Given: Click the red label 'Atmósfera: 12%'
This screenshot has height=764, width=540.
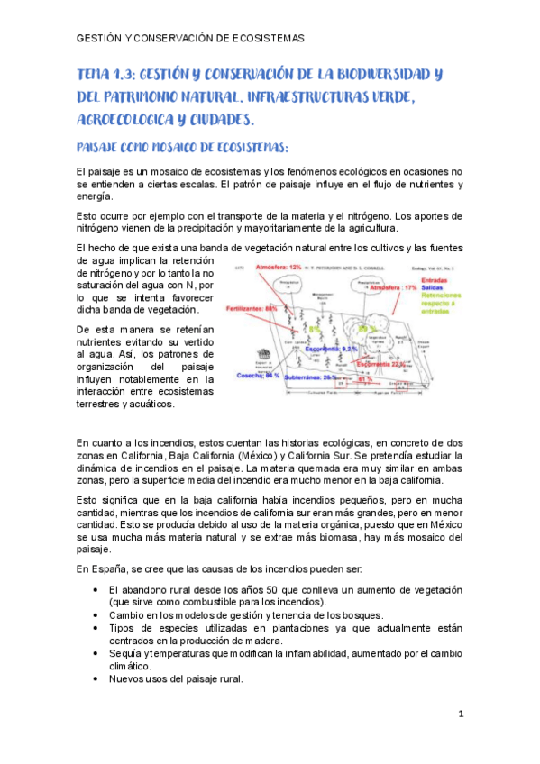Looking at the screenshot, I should click(279, 268).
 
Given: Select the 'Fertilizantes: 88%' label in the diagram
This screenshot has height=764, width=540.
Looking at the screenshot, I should click(252, 308).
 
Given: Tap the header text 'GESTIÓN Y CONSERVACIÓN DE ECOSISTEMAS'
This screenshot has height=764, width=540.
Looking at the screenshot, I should click(190, 40).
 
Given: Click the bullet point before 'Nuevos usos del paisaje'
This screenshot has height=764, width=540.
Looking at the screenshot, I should click(96, 678).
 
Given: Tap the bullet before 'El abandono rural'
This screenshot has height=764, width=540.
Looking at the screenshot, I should click(96, 588).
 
